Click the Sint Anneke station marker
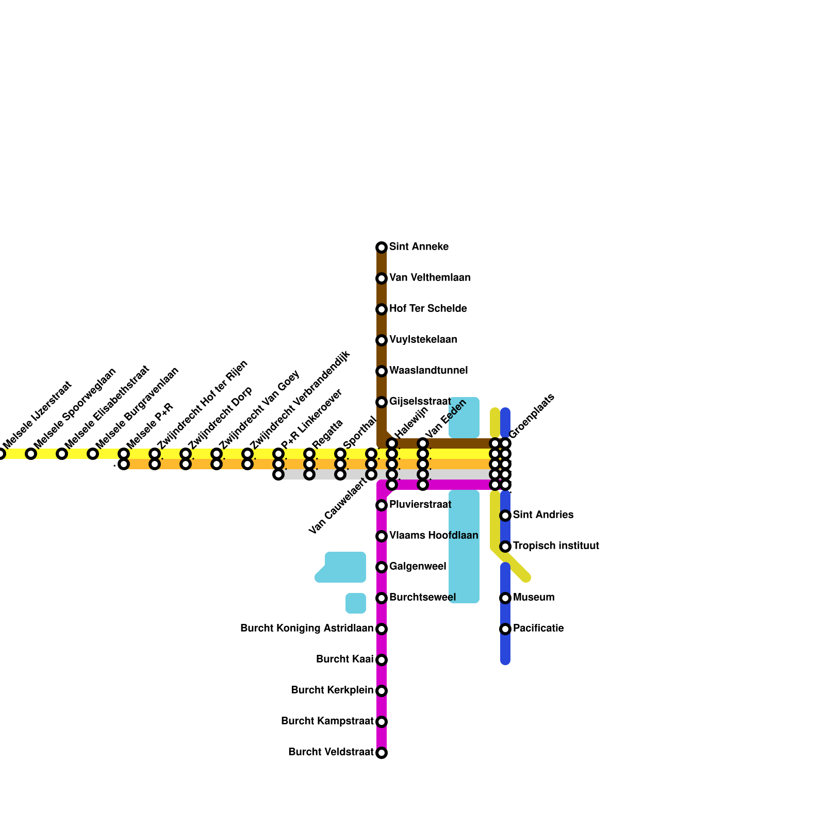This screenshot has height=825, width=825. [x=382, y=247]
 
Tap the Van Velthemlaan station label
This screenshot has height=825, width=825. [x=430, y=278]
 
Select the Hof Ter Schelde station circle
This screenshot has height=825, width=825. [x=382, y=309]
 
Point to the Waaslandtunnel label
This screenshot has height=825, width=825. [x=428, y=371]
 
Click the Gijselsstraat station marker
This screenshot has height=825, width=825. [x=382, y=402]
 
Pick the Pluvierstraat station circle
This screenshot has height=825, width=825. [x=382, y=505]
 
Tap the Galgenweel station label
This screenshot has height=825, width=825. [x=418, y=567]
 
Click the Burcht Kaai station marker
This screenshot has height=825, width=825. [x=382, y=660]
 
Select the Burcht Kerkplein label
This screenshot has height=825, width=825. [x=332, y=690]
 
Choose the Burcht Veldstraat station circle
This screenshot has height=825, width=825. [x=382, y=753]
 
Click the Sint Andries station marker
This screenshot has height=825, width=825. [x=505, y=516]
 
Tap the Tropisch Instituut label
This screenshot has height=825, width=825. [x=556, y=546]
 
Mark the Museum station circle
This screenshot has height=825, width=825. [x=505, y=598]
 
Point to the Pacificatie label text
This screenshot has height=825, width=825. [x=538, y=629]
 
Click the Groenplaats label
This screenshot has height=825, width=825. [x=532, y=416]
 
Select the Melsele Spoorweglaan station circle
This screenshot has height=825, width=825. [x=31, y=454]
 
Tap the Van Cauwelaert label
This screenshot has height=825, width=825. [x=337, y=506]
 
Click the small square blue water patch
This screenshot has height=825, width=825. [x=356, y=603]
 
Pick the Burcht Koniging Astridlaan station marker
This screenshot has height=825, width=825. [x=382, y=629]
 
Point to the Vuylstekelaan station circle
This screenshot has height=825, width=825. [x=382, y=340]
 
